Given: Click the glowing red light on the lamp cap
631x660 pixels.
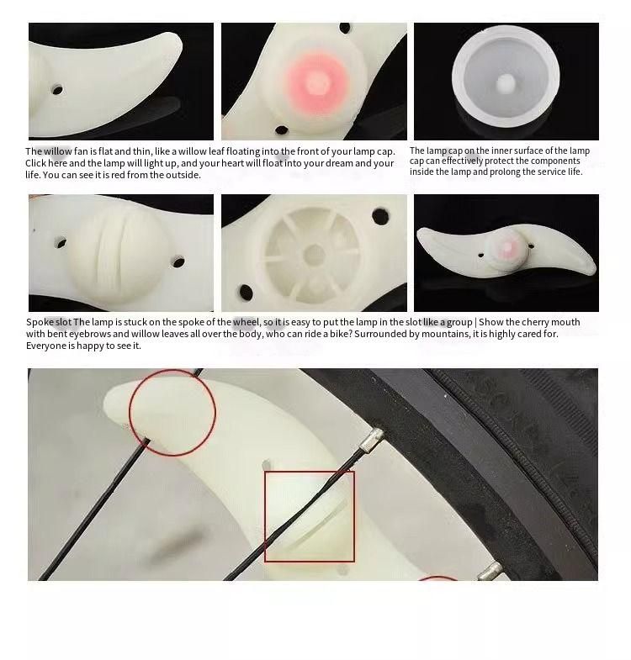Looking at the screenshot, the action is [315, 82].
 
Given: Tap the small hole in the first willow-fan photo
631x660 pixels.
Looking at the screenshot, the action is [57, 90].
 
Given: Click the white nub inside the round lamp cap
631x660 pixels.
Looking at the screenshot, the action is [505, 83].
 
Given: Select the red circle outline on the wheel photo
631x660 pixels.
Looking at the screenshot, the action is [172, 413].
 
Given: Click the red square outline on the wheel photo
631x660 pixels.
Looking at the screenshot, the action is [310, 516].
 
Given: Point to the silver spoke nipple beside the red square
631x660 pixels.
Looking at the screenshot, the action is [372, 440].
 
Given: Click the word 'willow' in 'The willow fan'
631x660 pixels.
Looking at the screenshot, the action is [58, 151].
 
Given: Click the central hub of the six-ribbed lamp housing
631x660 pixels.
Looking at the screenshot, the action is [314, 254].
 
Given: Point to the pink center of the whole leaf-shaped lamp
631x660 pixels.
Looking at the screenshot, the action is [508, 246].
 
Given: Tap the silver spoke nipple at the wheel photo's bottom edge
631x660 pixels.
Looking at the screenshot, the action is [490, 572].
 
